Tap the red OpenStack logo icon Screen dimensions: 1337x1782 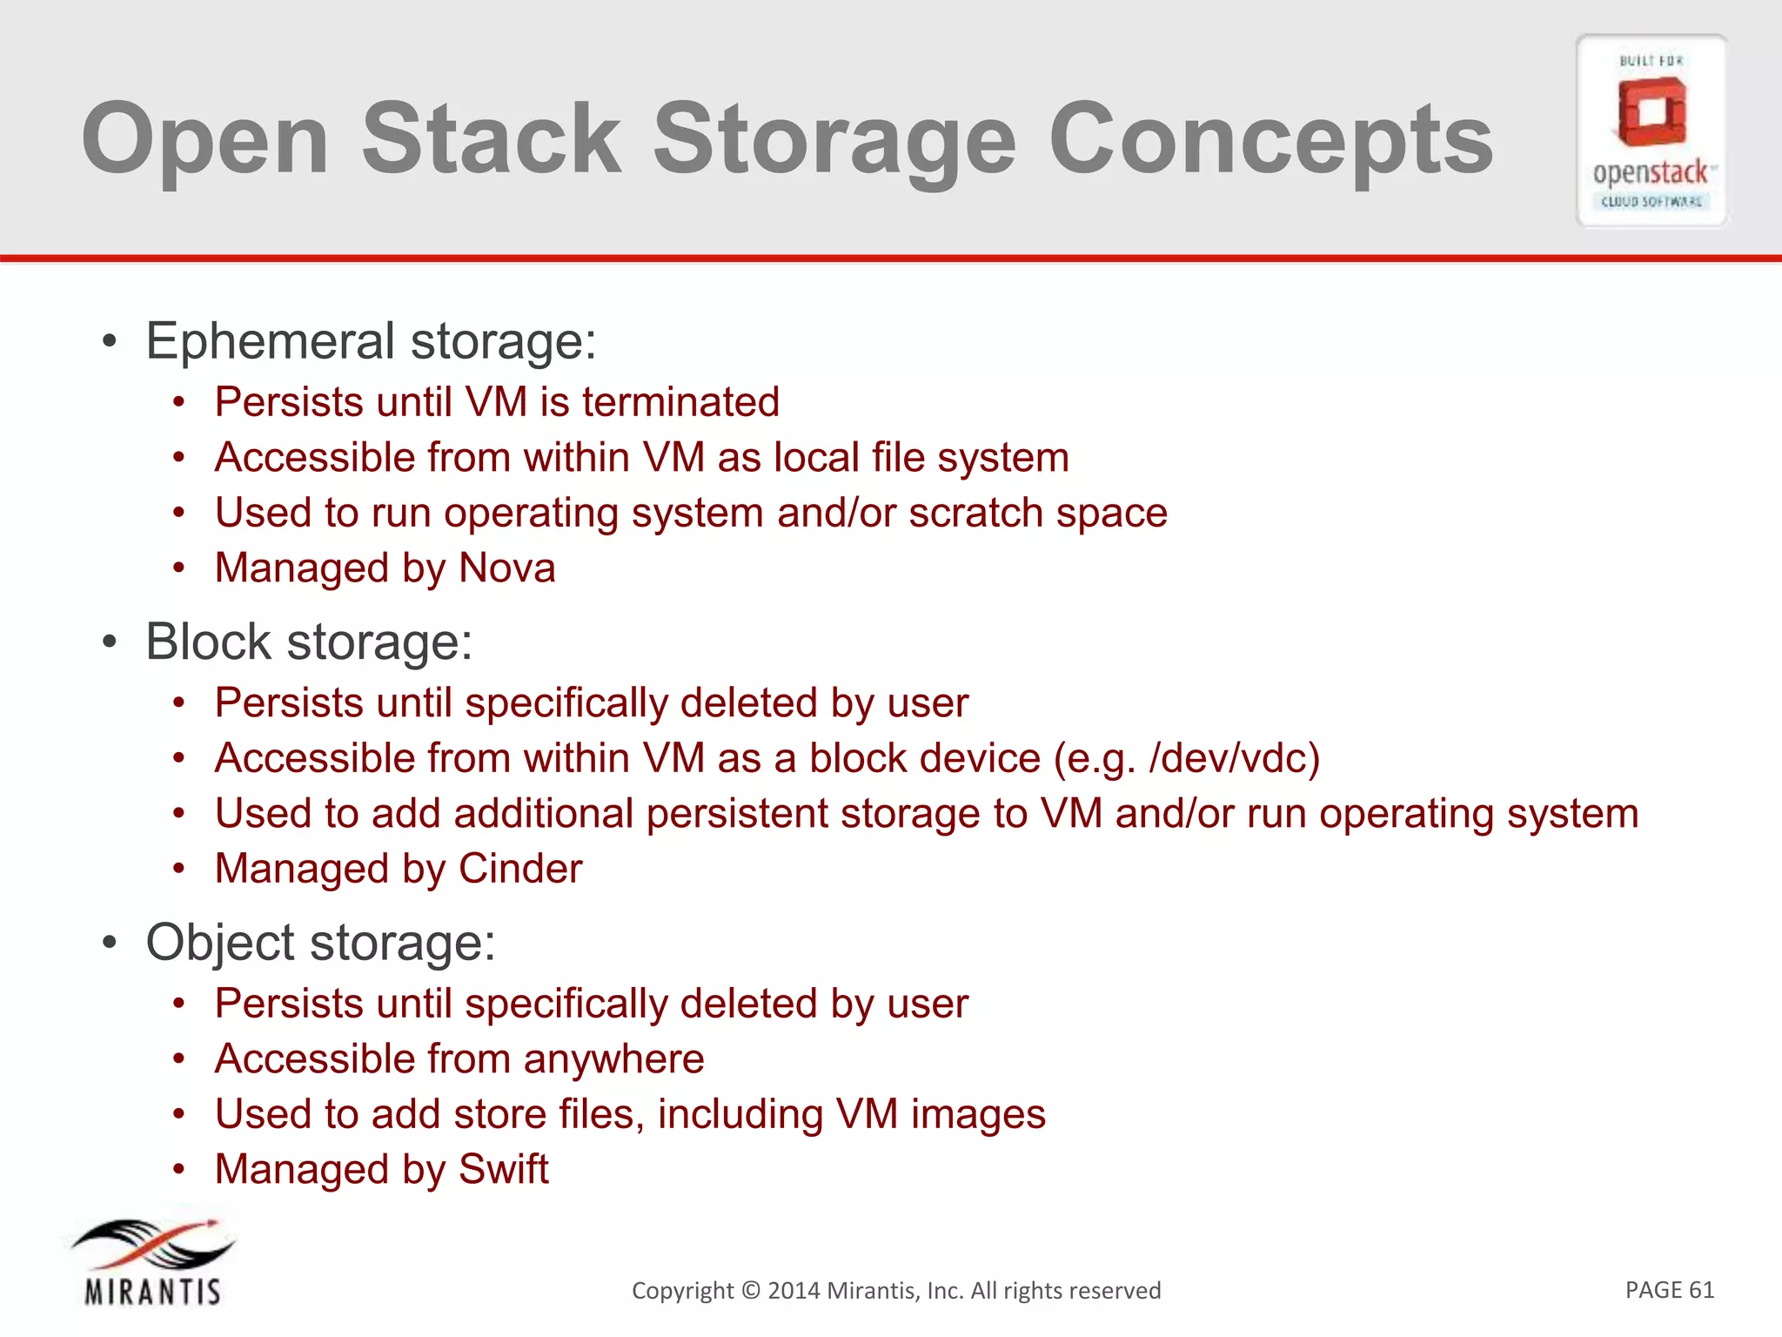tap(1651, 111)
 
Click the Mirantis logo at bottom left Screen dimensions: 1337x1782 tap(153, 1261)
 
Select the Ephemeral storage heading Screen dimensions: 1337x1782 tap(371, 340)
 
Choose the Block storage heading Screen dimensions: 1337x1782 tap(309, 642)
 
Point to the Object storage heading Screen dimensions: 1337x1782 tap(320, 942)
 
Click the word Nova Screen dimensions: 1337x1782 tap(506, 568)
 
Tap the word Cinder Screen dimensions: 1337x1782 tap(520, 869)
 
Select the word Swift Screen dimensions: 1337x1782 tap(504, 1169)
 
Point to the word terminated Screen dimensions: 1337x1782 tap(680, 402)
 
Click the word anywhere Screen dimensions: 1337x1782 tap(613, 1059)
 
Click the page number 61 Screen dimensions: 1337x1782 tap(1700, 1289)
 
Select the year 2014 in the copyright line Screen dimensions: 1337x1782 tap(794, 1290)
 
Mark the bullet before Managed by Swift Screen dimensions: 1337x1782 tap(178, 1168)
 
